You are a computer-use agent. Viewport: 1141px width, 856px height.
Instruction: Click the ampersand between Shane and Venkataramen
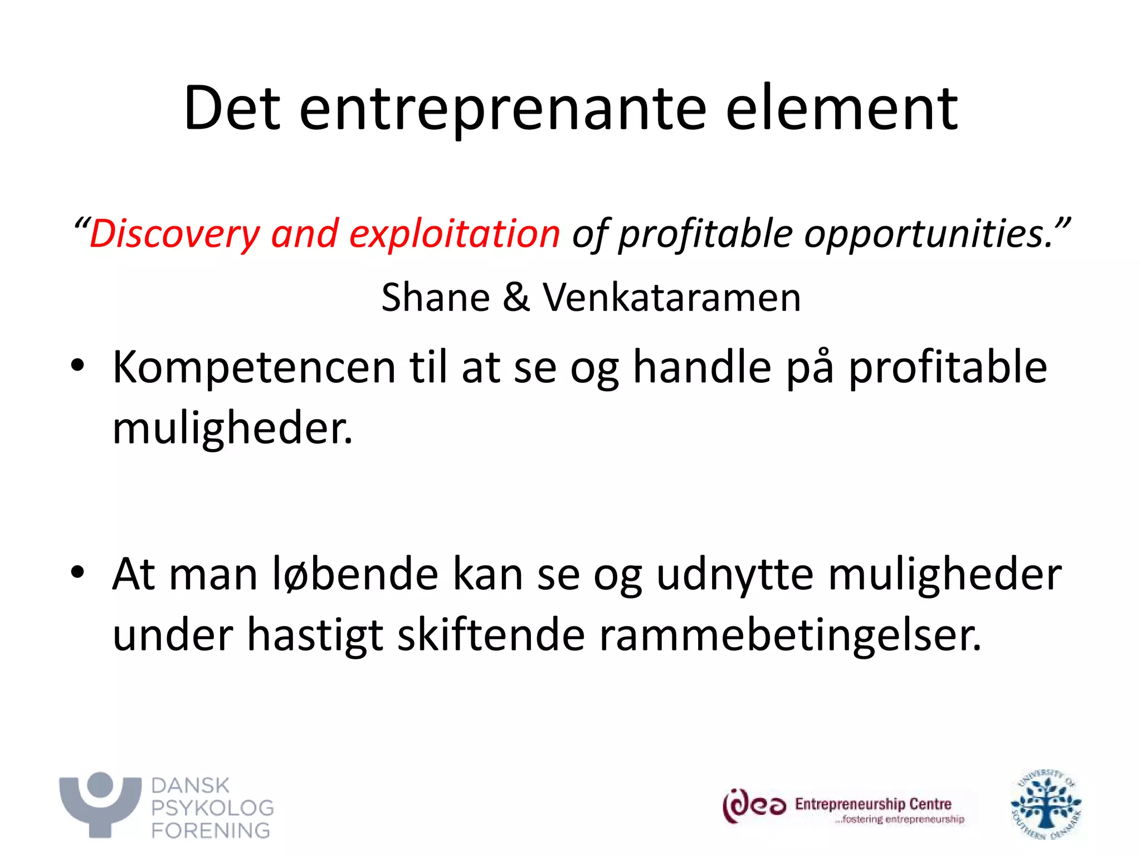(x=516, y=297)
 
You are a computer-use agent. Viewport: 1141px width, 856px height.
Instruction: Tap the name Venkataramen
(x=671, y=297)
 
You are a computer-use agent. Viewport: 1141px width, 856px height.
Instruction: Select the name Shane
(x=435, y=297)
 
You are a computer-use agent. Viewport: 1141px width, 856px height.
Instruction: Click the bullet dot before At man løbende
(x=77, y=573)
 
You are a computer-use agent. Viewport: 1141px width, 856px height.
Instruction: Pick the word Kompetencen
(x=253, y=368)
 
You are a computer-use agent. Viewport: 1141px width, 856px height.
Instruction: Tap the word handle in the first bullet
(x=702, y=368)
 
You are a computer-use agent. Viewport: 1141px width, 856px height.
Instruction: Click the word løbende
(x=355, y=574)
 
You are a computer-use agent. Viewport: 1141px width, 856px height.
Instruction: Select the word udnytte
(x=734, y=575)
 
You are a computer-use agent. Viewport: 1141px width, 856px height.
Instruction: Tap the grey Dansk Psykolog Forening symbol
(x=100, y=804)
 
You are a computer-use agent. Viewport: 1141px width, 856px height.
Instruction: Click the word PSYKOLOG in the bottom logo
(x=212, y=808)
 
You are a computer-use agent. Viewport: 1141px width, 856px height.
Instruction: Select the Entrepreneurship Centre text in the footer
(x=872, y=804)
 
